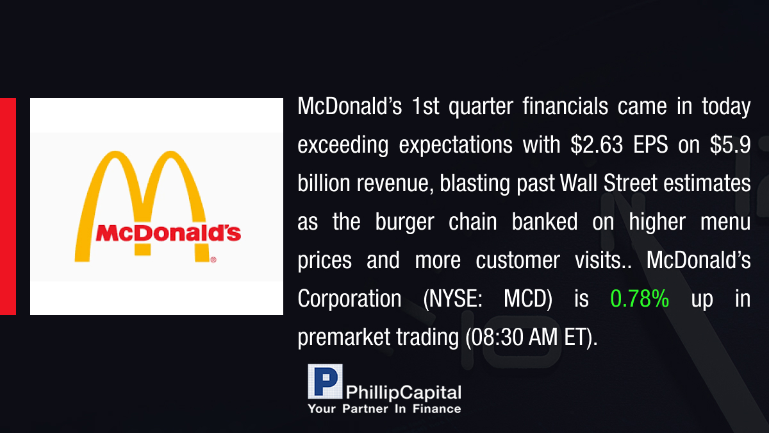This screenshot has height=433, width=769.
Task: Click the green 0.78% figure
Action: [x=640, y=298]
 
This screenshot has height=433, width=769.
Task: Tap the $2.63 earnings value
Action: [x=597, y=145]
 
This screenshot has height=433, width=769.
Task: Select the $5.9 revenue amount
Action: [x=730, y=145]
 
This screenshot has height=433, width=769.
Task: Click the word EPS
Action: [x=650, y=145]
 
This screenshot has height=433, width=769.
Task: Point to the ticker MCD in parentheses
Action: [x=528, y=299]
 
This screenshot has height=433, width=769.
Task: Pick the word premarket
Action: [x=343, y=338]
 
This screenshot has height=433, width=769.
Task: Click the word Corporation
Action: [x=349, y=298]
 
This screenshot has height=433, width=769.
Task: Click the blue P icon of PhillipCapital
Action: [x=325, y=381]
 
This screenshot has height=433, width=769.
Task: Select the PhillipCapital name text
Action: [x=403, y=393]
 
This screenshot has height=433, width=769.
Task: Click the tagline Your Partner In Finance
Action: [x=384, y=409]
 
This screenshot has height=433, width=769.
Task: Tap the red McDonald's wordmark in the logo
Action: [x=168, y=233]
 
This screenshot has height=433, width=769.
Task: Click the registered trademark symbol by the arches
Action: [x=213, y=260]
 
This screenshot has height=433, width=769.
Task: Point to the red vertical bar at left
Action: [x=8, y=207]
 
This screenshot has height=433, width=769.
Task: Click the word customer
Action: [x=518, y=260]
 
